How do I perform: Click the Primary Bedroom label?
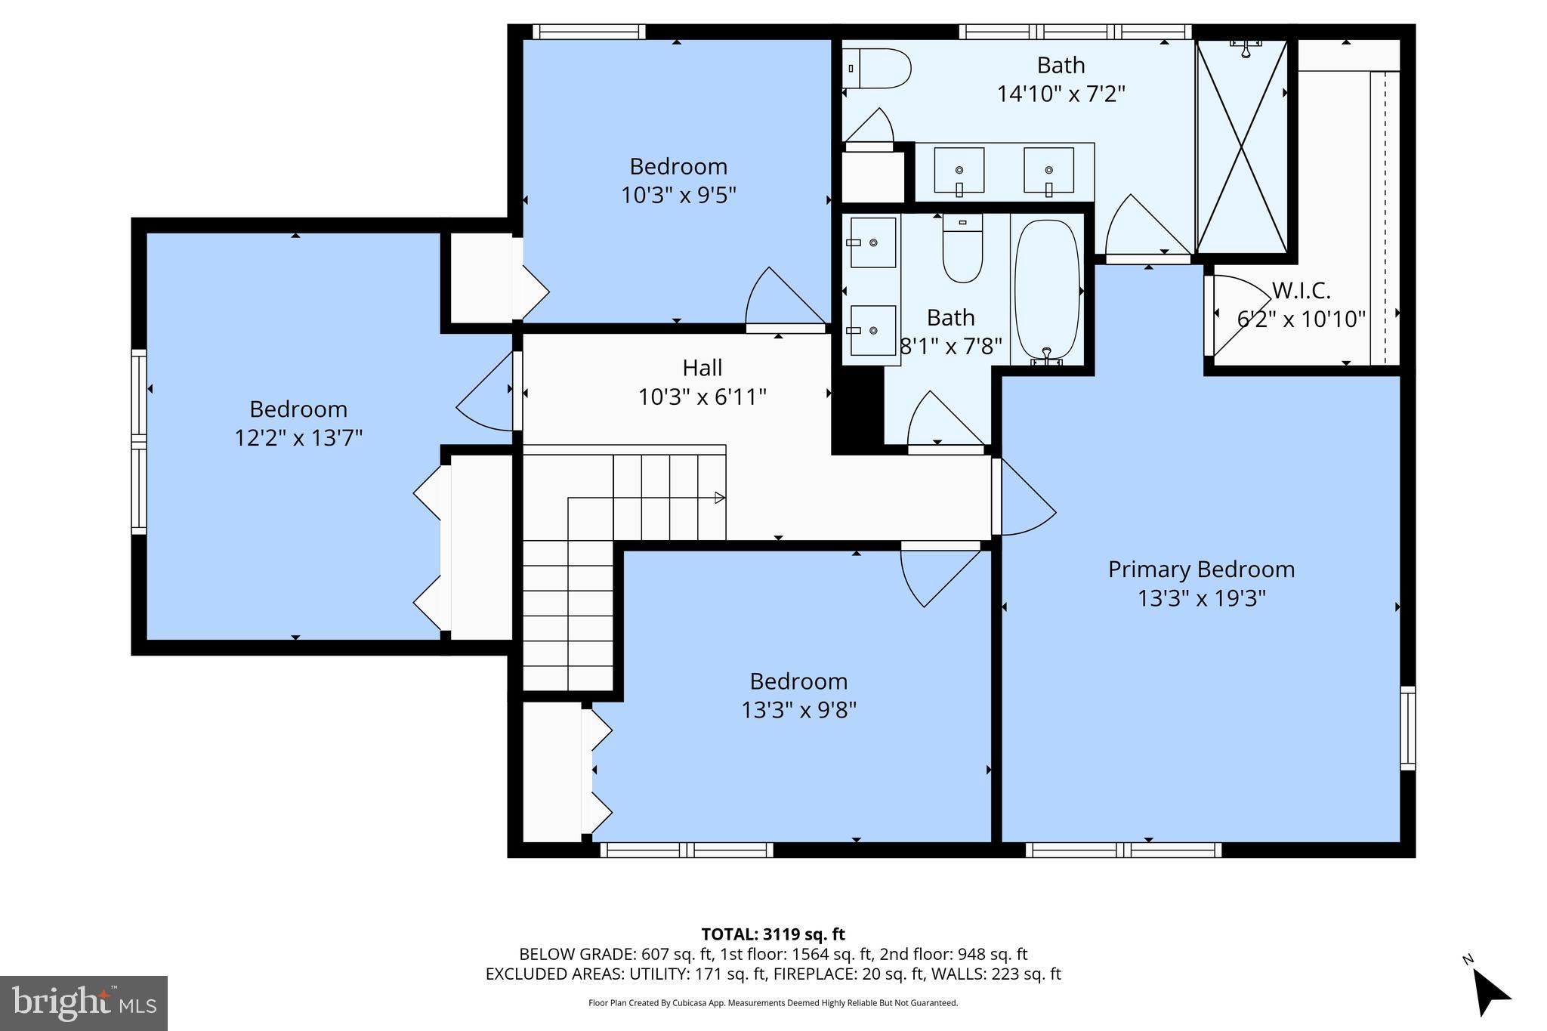pos(1201,570)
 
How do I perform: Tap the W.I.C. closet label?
pos(1301,290)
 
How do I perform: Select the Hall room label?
pos(702,368)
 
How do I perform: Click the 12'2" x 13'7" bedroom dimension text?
pos(298,438)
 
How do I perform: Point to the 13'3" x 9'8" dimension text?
pos(798,710)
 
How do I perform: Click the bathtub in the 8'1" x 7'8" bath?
pos(1047,289)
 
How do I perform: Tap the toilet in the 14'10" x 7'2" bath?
pos(880,69)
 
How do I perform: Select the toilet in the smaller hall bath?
pos(962,249)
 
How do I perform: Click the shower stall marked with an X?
pos(1241,145)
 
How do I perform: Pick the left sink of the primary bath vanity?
pos(959,171)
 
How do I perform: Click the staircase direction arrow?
pos(719,498)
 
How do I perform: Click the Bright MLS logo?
pos(84,1003)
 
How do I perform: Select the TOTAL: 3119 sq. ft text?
pos(773,934)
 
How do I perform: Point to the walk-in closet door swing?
pos(1236,313)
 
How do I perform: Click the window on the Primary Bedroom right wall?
pos(1407,728)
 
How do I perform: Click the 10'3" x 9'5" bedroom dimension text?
pos(678,196)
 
